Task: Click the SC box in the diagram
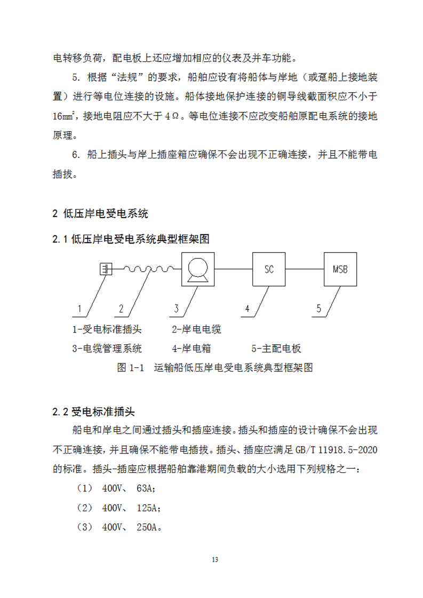[x=269, y=269]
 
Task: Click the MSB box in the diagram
[x=340, y=269]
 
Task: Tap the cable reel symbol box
[x=198, y=269]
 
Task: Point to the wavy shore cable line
[x=147, y=269]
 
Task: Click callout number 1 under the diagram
[x=79, y=309]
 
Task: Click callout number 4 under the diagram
[x=247, y=309]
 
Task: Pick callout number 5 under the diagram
[x=318, y=309]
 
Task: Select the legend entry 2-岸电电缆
[x=196, y=329]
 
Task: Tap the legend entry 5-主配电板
[x=276, y=349]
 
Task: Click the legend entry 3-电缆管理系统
[x=107, y=349]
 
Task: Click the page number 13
[x=215, y=560]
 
